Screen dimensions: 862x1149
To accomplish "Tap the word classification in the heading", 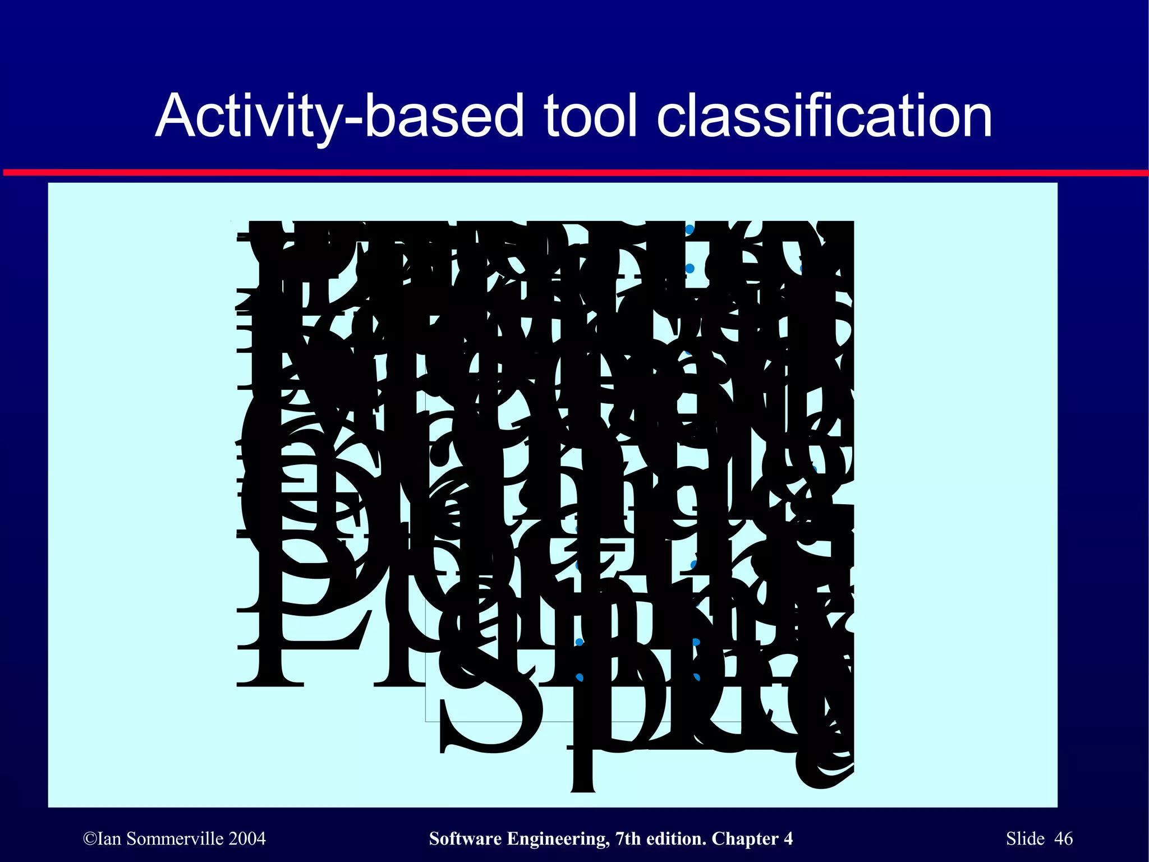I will coord(825,117).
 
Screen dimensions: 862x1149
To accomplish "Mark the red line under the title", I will coord(574,173).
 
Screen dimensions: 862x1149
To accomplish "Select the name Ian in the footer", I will coord(109,839).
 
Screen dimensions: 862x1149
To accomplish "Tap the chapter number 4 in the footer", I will coord(788,839).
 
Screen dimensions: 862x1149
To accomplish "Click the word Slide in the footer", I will coord(1025,839).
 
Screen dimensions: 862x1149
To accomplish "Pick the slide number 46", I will coord(1064,839).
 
